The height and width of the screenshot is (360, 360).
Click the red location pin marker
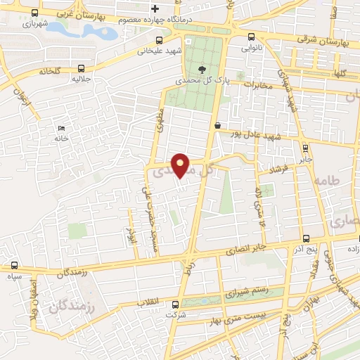pos(181,165)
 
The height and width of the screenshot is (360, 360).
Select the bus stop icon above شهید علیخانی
pos(160,40)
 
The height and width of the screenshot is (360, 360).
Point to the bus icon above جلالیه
pos(82,69)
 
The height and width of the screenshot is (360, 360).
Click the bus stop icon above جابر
pos(304,148)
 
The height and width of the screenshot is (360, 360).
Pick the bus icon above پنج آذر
pos(304,240)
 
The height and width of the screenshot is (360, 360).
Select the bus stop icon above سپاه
pos(15,266)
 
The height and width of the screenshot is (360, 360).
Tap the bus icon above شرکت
pos(176,305)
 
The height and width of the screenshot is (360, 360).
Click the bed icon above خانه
pos(61,128)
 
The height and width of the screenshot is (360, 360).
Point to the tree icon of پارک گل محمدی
pos(202,70)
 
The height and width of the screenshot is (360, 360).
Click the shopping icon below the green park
pos(217,125)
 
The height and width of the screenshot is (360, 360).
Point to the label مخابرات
pos(258,84)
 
